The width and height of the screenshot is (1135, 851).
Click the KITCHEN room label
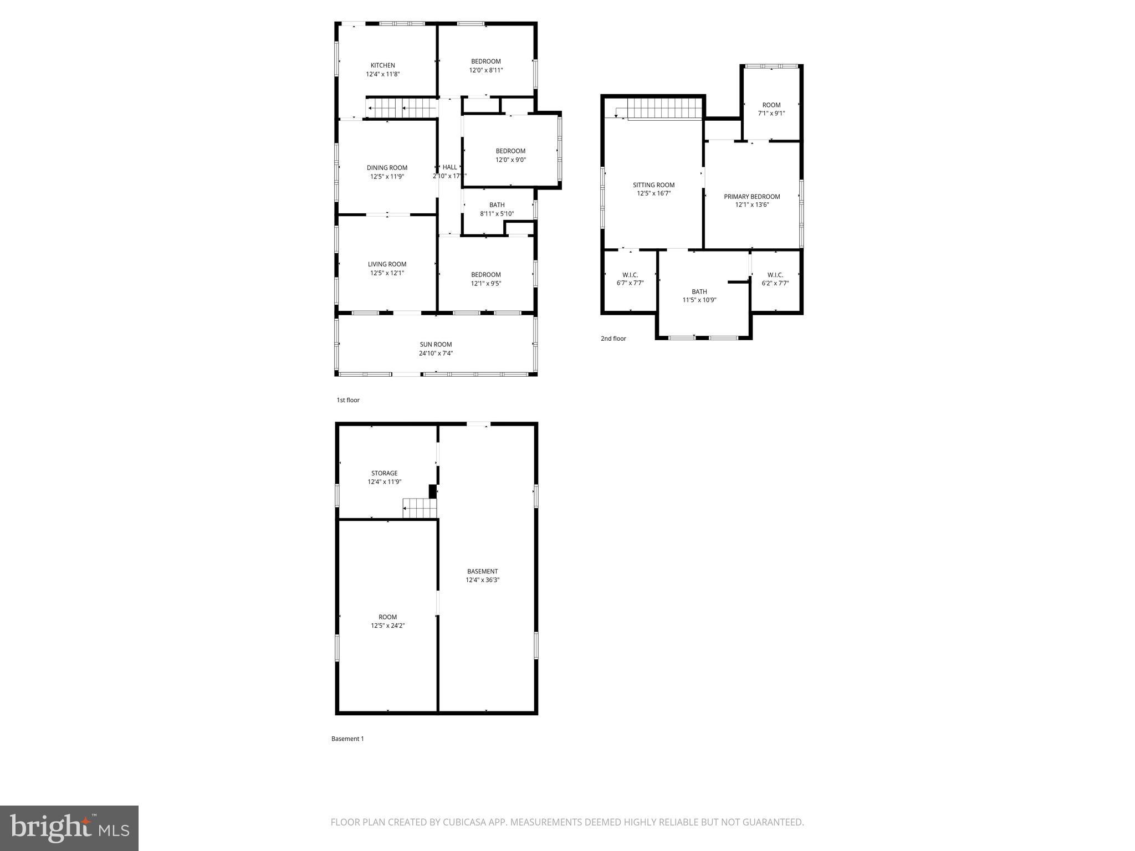tap(382, 65)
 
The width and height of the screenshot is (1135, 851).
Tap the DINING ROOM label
tap(387, 168)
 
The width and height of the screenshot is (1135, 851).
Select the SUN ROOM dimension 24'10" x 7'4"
tap(436, 353)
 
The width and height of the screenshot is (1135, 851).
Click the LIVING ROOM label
tap(387, 264)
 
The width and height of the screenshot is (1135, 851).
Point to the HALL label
tap(449, 167)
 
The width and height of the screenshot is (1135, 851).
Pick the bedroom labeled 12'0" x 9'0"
tap(510, 155)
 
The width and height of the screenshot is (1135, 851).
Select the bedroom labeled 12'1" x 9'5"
tap(485, 279)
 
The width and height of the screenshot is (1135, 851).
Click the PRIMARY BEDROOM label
tap(751, 197)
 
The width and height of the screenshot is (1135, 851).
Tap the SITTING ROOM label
tap(653, 185)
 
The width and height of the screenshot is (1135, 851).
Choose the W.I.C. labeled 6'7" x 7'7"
tap(630, 279)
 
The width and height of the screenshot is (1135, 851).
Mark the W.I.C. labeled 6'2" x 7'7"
tap(775, 279)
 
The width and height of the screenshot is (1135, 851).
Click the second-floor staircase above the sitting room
tap(664, 108)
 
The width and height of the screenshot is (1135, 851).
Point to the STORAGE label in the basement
tap(384, 473)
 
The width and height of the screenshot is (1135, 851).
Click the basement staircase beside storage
tap(420, 508)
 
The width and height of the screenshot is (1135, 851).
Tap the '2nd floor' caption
tap(613, 339)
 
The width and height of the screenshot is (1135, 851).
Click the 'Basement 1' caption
tap(347, 739)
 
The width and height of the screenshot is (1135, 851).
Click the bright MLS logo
tap(69, 828)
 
